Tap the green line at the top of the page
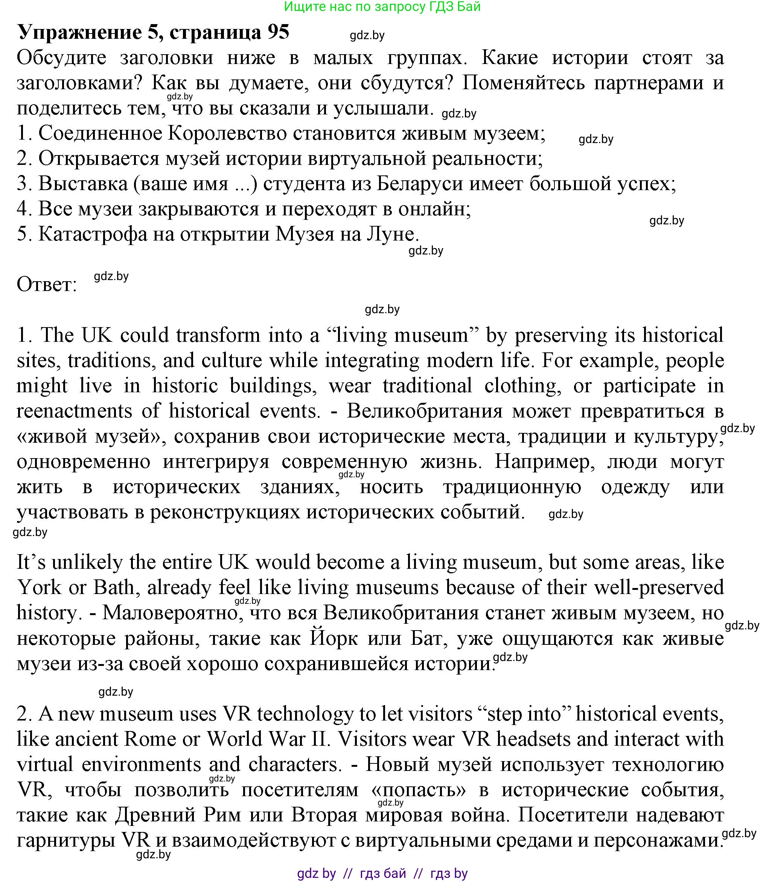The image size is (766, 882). (382, 7)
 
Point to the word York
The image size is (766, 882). (39, 588)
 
